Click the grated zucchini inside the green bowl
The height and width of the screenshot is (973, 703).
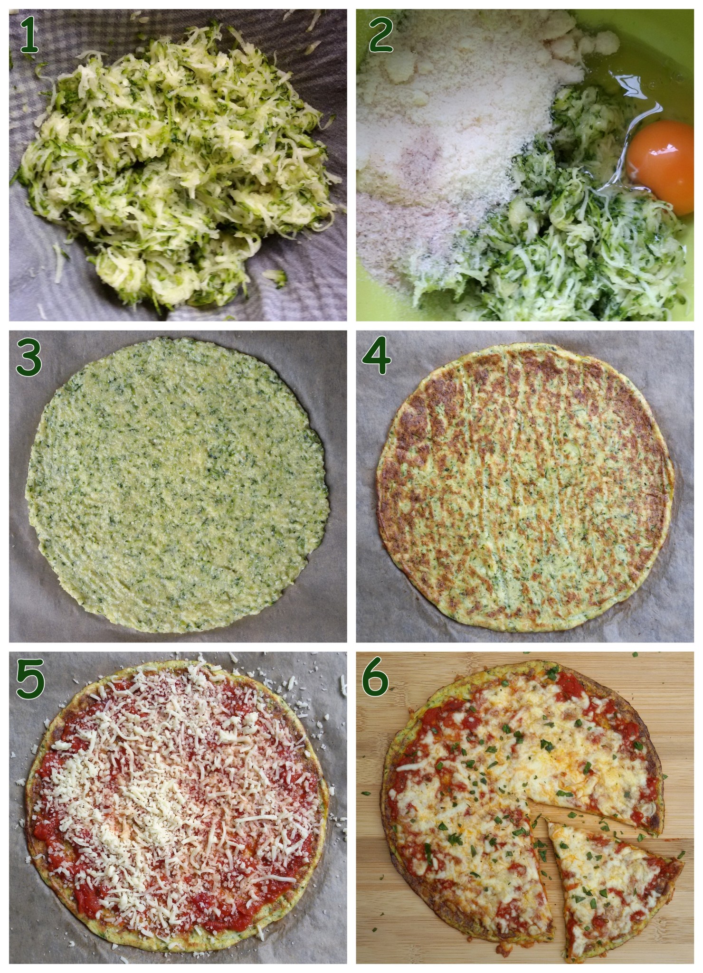[570, 247]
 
